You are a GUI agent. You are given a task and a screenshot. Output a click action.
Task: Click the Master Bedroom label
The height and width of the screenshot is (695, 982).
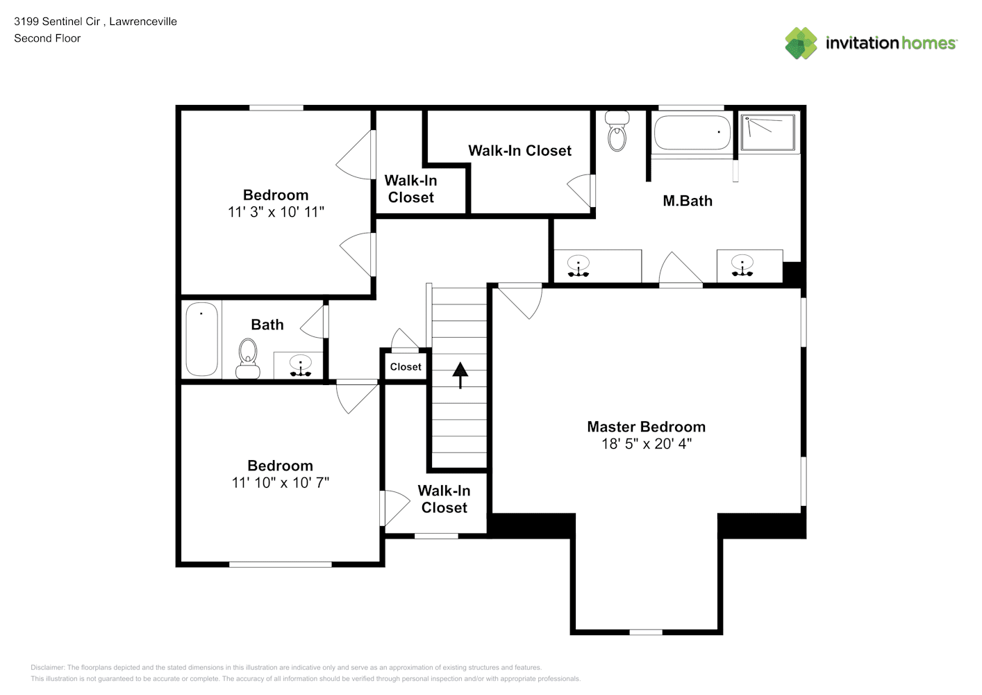coord(646,427)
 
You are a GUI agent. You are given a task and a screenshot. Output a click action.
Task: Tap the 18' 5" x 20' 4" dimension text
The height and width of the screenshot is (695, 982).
coord(646,443)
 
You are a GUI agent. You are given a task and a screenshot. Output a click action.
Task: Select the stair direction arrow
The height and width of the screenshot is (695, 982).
coord(460,375)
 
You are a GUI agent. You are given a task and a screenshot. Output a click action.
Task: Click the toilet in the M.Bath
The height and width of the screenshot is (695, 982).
coord(617,131)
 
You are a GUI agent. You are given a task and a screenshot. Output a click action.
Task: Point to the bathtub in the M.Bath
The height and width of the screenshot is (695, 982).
coord(692,132)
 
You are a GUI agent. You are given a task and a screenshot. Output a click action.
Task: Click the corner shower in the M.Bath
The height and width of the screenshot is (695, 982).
coord(767,132)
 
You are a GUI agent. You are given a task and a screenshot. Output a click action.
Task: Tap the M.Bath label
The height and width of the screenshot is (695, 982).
coord(688,201)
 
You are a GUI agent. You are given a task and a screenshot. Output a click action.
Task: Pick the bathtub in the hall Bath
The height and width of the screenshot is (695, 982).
coord(201,339)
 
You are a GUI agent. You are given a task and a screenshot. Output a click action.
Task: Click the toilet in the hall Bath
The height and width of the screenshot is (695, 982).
coord(248,358)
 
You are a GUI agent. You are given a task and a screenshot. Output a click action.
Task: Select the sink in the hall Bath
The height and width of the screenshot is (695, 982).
coord(301,366)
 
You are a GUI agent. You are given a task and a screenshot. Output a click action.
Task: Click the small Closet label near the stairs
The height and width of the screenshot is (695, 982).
coord(406,367)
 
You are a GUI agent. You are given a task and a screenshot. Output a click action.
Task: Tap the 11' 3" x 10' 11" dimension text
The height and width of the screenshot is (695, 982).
coord(276,212)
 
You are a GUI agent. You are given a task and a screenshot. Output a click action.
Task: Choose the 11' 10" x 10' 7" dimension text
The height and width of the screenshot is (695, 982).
coord(280,482)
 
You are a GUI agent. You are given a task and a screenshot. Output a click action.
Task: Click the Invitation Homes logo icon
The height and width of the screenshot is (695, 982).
coord(801,43)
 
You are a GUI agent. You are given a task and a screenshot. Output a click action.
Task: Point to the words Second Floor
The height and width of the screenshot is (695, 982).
coord(47,38)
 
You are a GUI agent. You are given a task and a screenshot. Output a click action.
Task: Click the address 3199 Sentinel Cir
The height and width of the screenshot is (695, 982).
coord(57,22)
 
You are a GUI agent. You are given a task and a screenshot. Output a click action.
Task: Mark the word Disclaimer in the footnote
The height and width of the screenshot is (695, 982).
coord(47,667)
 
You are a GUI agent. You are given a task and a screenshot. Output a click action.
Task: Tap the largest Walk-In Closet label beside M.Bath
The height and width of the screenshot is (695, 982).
coord(519,151)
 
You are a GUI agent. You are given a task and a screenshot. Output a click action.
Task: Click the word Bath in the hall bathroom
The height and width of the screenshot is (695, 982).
coord(267,325)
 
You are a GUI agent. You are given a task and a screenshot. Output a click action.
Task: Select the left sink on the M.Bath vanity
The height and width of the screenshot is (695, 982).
coord(579,266)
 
